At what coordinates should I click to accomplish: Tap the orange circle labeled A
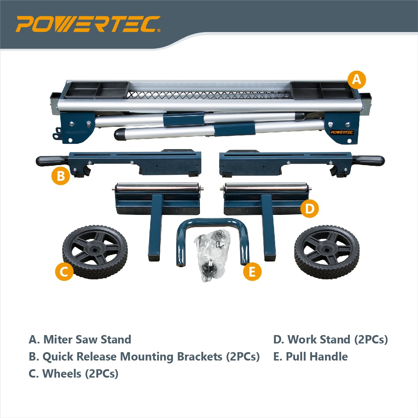click(356, 80)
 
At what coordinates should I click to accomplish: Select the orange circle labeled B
click(61, 176)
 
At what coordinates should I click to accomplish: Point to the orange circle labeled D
click(309, 208)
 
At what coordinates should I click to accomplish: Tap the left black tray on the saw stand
click(96, 90)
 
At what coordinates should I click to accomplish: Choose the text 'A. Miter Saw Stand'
click(80, 339)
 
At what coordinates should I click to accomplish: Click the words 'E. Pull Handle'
click(310, 356)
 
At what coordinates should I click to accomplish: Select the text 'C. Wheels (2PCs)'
click(73, 373)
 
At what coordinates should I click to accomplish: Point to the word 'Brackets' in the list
click(200, 356)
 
